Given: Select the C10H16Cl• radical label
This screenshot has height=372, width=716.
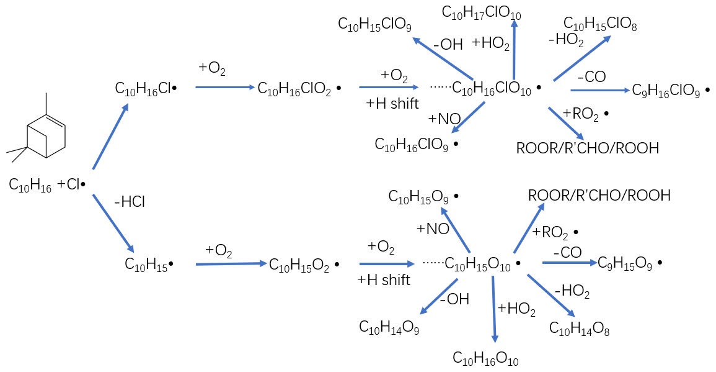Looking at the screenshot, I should click(146, 89).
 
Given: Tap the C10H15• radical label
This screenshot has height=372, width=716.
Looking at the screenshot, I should click(149, 265).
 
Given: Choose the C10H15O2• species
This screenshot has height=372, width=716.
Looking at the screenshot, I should click(304, 265).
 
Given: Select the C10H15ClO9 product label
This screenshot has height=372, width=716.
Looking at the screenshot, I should click(374, 24).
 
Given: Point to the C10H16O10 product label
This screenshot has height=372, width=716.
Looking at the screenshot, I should click(485, 358).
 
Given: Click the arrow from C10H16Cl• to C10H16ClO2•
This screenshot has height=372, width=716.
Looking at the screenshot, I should click(222, 88).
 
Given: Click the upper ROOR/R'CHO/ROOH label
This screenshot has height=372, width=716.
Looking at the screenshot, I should click(587, 148).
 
